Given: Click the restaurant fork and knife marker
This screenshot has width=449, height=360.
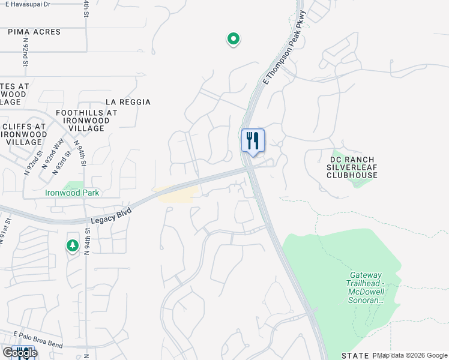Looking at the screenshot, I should pyautogui.click(x=253, y=141).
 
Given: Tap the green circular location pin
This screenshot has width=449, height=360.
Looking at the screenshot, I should pyautogui.click(x=233, y=39).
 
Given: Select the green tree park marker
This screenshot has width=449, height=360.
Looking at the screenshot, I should pyautogui.click(x=73, y=245).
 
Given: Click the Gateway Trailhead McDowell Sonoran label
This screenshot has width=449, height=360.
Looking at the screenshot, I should pyautogui.click(x=364, y=289).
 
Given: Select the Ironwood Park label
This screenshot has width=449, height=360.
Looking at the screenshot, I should pyautogui.click(x=73, y=193).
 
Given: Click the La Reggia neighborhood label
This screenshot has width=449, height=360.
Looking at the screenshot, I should pyautogui.click(x=128, y=102).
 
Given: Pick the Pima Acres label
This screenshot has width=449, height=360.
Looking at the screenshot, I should pyautogui.click(x=34, y=32).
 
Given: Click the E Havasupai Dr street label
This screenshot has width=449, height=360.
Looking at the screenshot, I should pyautogui.click(x=25, y=4).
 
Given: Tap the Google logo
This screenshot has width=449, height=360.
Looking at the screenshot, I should pyautogui.click(x=20, y=353).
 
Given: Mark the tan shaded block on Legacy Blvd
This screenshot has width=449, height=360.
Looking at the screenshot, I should pyautogui.click(x=178, y=193).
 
